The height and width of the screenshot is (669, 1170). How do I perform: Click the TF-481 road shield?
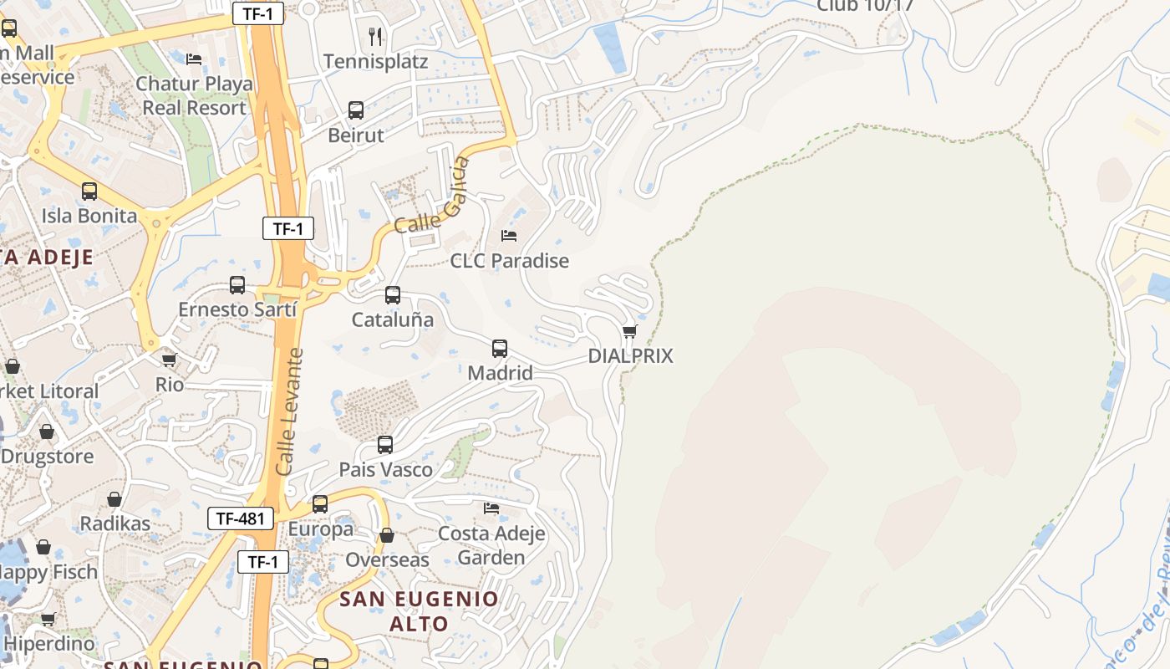[x=241, y=518]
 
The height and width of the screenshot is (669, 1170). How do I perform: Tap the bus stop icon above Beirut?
[x=356, y=110]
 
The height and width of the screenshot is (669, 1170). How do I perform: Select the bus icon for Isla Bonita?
[x=89, y=192]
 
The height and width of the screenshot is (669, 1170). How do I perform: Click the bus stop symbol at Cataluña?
[x=393, y=295]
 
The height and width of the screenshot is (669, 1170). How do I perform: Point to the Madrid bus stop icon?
[x=500, y=349]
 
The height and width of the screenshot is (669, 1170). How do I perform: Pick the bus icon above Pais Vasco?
[x=385, y=445]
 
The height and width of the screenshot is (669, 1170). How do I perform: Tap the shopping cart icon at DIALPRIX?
[x=630, y=332]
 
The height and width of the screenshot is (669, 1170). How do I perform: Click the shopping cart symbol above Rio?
[x=170, y=360]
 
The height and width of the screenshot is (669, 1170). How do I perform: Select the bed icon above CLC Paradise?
[x=508, y=236]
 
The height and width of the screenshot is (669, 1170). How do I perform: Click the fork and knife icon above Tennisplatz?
[x=375, y=36]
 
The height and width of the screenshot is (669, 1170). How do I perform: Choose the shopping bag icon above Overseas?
[x=387, y=535]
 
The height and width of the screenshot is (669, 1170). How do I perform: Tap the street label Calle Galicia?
[x=429, y=197]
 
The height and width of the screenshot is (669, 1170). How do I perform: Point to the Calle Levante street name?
[x=290, y=412]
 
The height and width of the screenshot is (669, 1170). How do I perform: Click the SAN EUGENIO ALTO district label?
[x=419, y=611]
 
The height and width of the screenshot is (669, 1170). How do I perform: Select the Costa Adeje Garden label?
[x=491, y=545]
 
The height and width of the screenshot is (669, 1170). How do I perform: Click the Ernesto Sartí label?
[x=237, y=309]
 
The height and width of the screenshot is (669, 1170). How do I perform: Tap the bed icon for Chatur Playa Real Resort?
[x=194, y=59]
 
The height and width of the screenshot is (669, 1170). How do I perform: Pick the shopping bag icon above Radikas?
[x=114, y=500]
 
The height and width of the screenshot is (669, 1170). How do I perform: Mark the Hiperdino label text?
[x=49, y=644]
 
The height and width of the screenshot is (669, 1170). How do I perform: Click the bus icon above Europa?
[x=320, y=504]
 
